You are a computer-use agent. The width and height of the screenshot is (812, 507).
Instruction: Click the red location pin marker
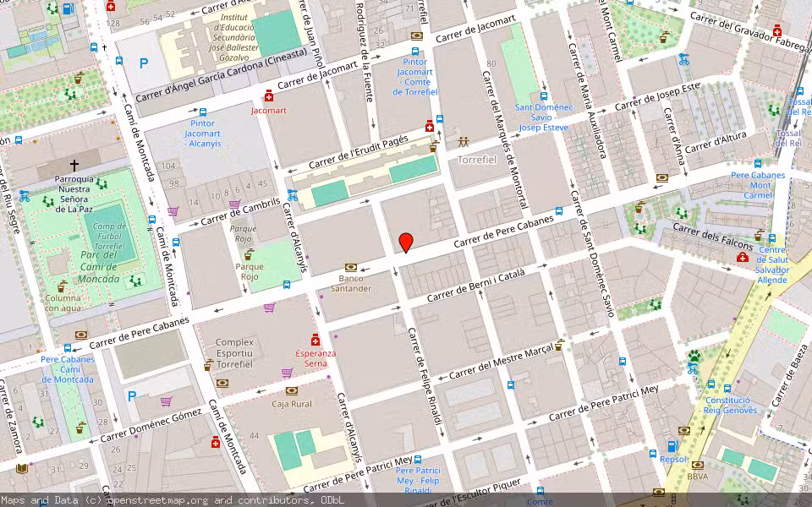(406, 242)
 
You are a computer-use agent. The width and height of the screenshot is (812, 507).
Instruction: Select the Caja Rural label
(292, 404)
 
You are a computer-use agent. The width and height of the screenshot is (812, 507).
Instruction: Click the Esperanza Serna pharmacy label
(315, 358)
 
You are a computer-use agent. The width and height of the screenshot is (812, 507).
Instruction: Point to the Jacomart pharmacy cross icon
(269, 95)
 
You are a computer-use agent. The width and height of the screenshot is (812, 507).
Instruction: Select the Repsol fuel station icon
(672, 446)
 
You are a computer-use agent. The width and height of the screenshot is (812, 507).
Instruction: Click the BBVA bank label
(698, 477)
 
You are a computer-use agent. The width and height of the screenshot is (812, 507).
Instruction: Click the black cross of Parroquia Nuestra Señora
(74, 166)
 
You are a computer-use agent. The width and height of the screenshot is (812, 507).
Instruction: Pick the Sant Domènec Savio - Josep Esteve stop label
(542, 117)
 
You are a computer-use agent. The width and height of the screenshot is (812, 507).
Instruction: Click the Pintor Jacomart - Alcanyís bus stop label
(202, 133)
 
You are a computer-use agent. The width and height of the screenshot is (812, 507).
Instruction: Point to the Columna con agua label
(63, 303)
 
